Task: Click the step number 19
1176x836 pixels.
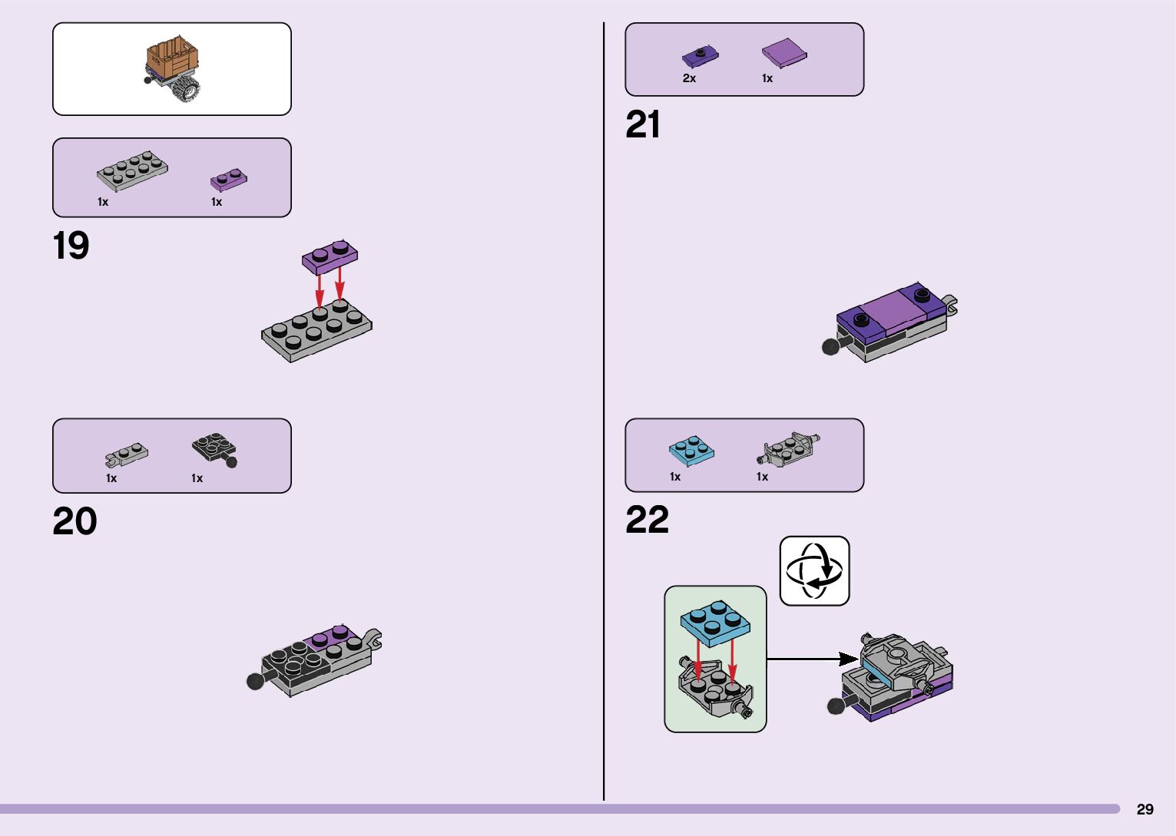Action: click(x=71, y=246)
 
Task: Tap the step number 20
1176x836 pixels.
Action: click(x=75, y=522)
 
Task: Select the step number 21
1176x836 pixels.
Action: click(x=643, y=125)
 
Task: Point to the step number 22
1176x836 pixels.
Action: click(x=647, y=520)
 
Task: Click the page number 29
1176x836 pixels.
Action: click(x=1145, y=809)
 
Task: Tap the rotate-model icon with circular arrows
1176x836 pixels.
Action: click(x=814, y=571)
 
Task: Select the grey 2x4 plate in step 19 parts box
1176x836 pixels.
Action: click(x=132, y=170)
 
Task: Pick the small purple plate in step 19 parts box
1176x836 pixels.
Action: click(x=229, y=180)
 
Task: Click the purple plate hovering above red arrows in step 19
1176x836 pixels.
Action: click(x=330, y=257)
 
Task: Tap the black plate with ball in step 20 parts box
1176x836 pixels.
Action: click(x=214, y=449)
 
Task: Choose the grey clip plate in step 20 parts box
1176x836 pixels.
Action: click(x=127, y=455)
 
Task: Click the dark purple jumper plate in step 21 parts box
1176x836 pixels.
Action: click(x=700, y=56)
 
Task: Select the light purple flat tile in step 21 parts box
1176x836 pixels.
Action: click(x=784, y=54)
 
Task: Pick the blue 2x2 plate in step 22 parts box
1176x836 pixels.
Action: click(x=691, y=451)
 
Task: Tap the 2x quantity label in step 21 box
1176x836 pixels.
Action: click(x=689, y=78)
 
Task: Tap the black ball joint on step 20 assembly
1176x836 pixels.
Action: click(x=255, y=681)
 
